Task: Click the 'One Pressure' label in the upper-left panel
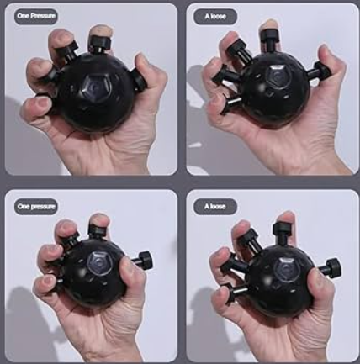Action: [36, 16]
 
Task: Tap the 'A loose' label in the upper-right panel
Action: [215, 17]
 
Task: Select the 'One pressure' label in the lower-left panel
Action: [36, 207]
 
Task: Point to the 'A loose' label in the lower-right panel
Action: [215, 207]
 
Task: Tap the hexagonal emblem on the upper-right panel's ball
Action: [278, 77]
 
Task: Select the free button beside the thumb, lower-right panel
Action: [330, 268]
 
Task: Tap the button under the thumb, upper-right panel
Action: [318, 71]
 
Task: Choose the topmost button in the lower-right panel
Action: [283, 233]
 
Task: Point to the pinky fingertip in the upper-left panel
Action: [36, 105]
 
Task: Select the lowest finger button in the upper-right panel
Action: [230, 103]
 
